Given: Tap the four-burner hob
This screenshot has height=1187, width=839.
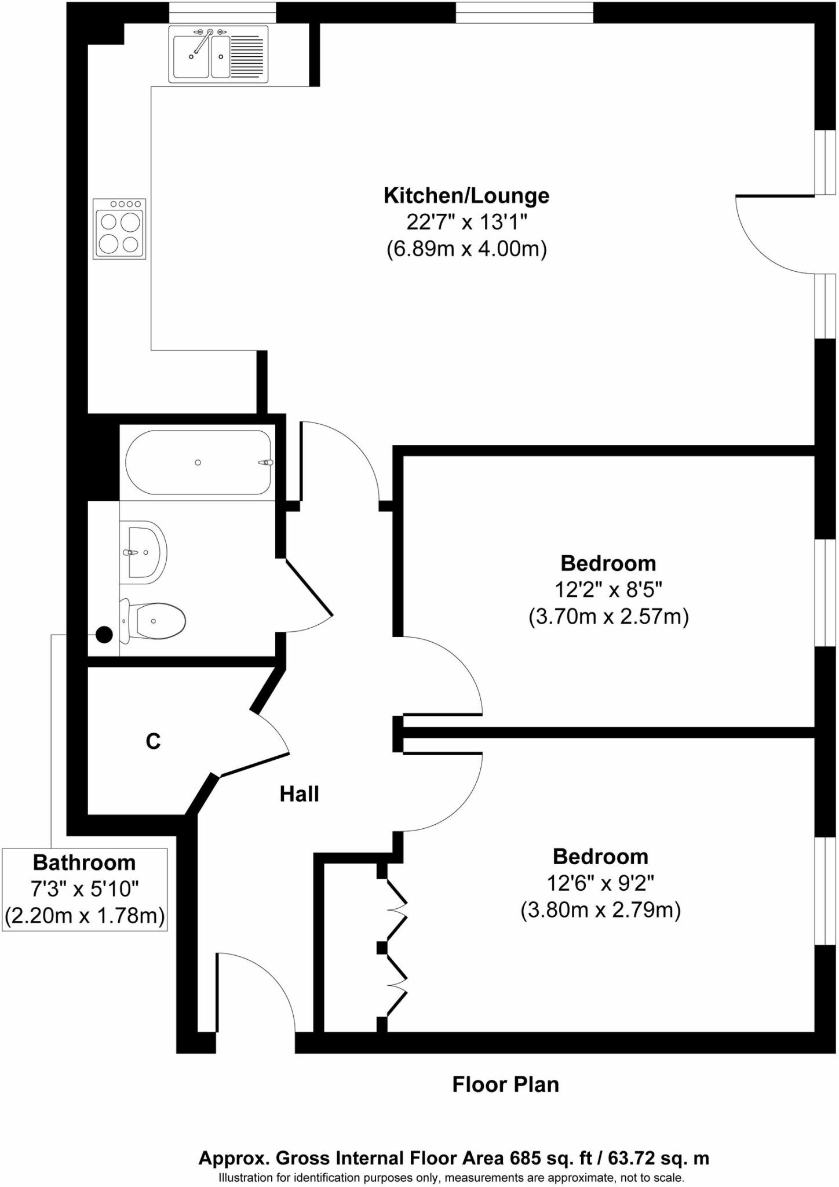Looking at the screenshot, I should tap(119, 229).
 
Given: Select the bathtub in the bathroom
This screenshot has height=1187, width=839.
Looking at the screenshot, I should tap(198, 462).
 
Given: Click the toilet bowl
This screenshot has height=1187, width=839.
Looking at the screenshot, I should tap(156, 621).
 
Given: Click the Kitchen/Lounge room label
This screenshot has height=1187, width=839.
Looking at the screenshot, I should tap(466, 195).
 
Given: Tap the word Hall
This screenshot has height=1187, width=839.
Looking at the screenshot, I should tap(299, 793).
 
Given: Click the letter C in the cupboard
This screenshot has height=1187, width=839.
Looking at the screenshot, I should tap(153, 741).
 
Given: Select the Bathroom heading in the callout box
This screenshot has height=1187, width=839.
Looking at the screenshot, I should tap(85, 862).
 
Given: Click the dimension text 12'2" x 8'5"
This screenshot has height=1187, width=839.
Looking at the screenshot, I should tap(608, 589).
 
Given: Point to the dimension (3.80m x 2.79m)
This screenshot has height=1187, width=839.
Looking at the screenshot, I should tap(600, 910).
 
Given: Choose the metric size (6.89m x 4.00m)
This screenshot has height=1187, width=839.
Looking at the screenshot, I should tap(466, 249).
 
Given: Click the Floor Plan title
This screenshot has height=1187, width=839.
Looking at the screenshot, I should tap(505, 1084).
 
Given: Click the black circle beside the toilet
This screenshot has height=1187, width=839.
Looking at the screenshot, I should tap(104, 635).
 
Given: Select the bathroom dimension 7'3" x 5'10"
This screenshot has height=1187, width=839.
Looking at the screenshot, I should tap(85, 889).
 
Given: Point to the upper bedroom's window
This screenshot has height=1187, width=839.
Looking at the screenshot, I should tap(826, 592).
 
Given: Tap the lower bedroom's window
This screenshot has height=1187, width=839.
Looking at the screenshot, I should tap(826, 891).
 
